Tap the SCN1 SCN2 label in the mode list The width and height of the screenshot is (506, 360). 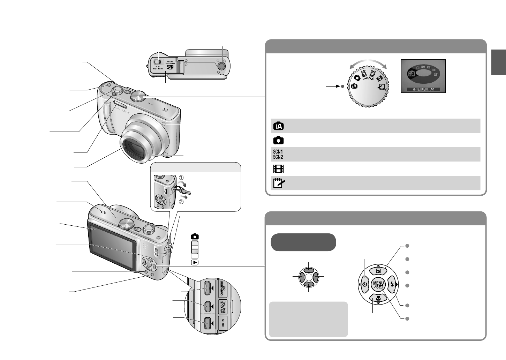coord(278,154)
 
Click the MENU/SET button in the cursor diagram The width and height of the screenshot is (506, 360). coord(378,285)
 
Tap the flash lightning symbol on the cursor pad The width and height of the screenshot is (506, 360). coord(392,285)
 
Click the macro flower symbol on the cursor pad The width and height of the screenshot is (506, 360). coord(378,298)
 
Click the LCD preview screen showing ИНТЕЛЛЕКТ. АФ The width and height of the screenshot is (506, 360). coord(423,76)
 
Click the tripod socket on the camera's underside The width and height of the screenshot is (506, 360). coord(221,66)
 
